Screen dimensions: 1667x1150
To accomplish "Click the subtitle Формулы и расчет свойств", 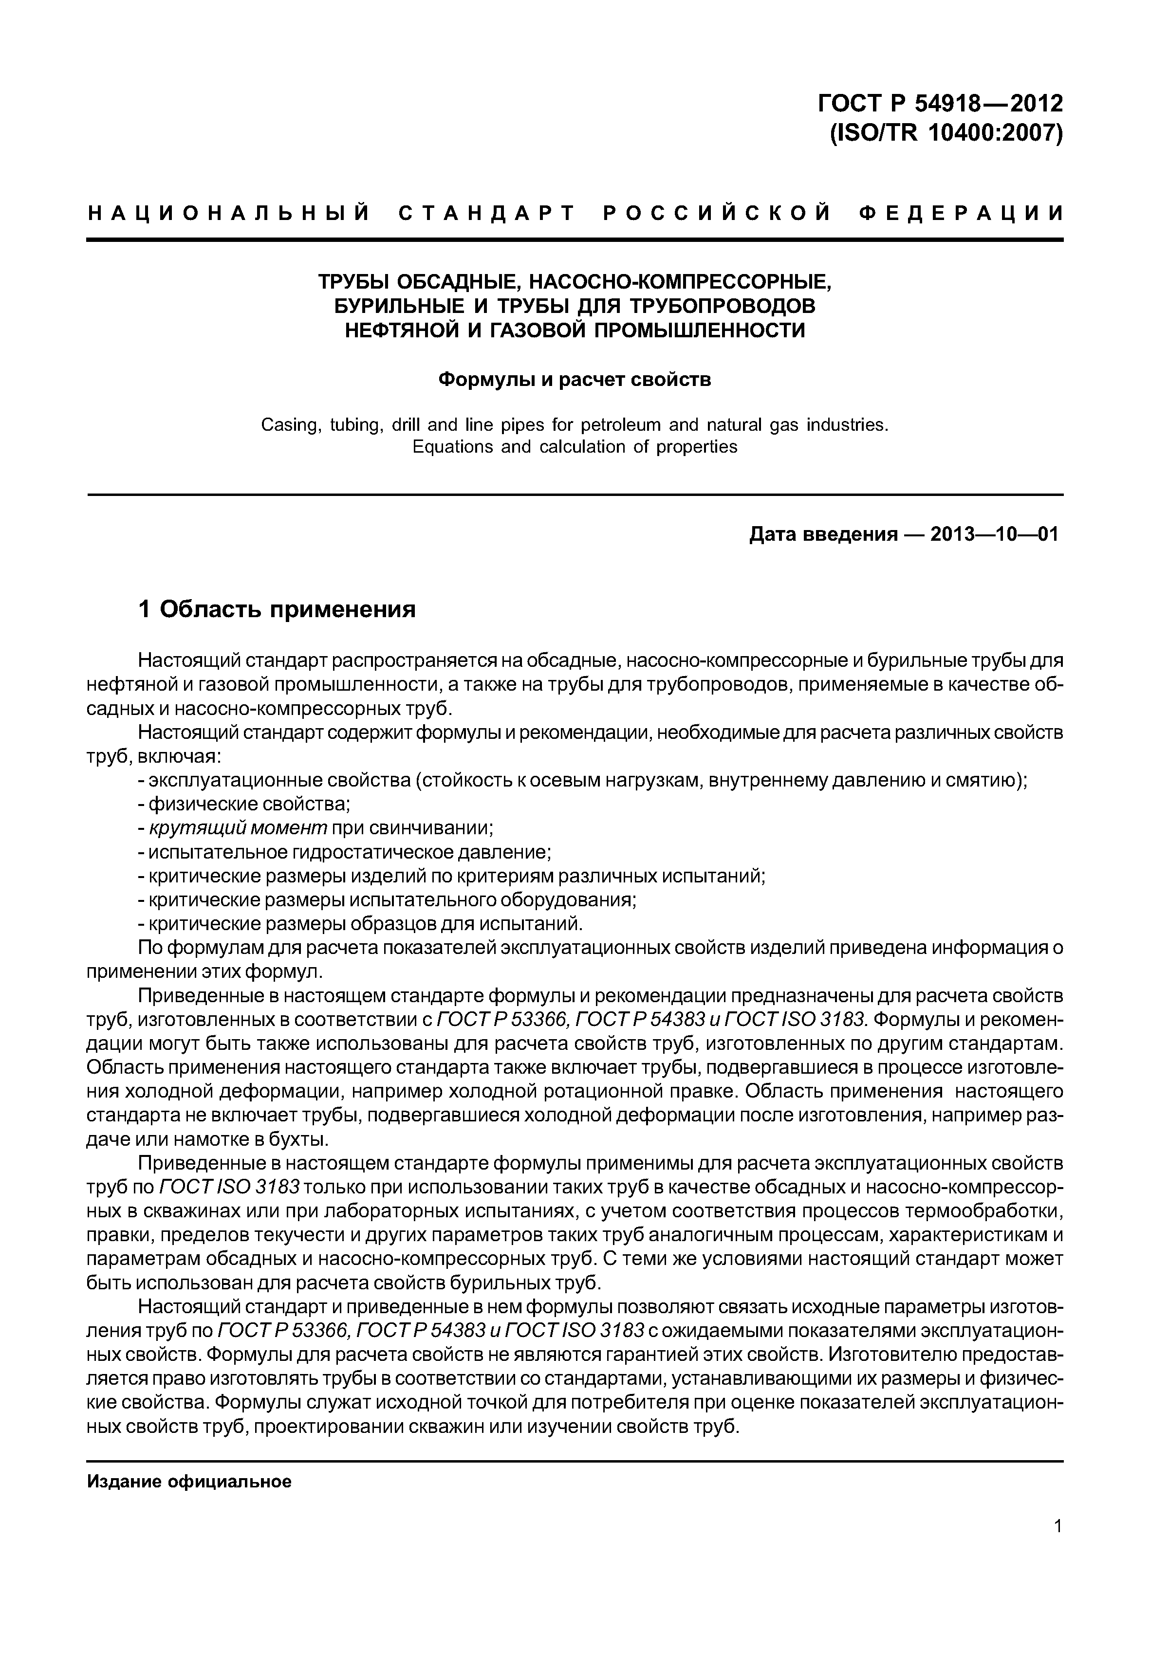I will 575,379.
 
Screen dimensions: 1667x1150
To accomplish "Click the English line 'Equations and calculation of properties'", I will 575,447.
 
